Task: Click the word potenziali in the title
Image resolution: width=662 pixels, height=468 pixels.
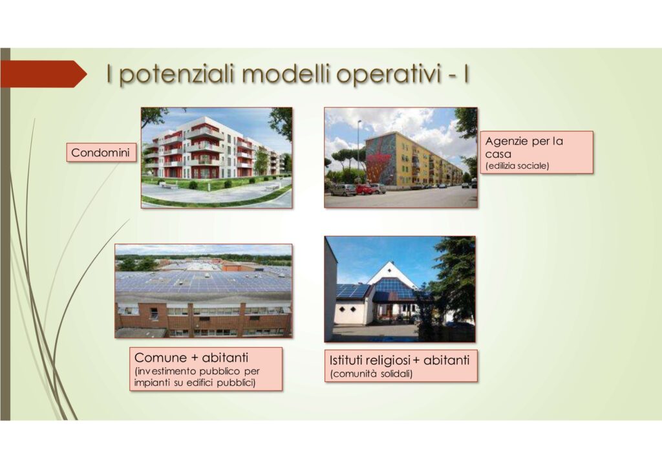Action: (176, 75)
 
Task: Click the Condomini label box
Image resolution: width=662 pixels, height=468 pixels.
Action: (101, 153)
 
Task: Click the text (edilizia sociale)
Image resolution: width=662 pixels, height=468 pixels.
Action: (517, 166)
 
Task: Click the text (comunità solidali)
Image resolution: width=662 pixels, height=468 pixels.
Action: (372, 374)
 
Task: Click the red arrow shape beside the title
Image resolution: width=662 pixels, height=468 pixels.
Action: (43, 74)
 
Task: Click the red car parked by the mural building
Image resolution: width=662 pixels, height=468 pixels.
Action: (364, 189)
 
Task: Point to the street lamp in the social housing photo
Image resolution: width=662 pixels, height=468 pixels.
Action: (359, 152)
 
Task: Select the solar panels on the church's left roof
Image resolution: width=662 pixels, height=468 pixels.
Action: (353, 290)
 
